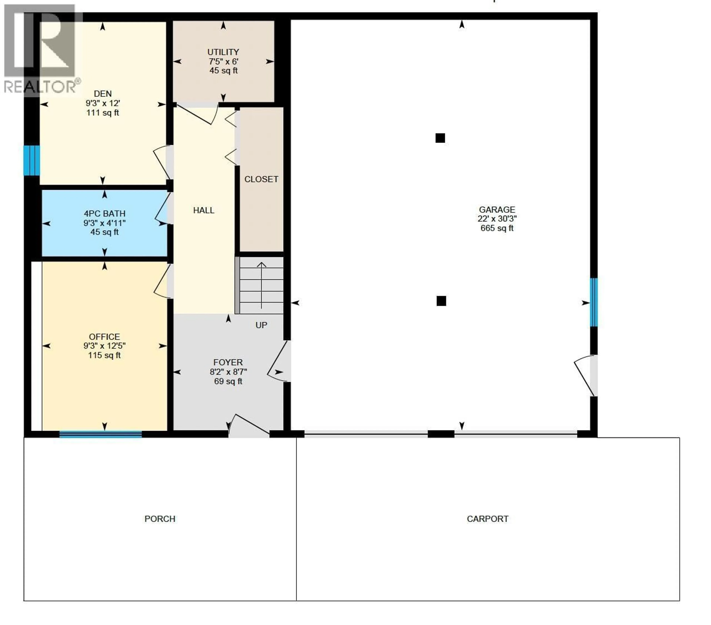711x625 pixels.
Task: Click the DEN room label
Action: tap(103, 94)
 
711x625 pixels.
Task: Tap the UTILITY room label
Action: tap(223, 52)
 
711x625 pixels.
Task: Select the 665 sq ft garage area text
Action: tap(497, 228)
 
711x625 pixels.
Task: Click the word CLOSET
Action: tap(261, 179)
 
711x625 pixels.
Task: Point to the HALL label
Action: tap(203, 210)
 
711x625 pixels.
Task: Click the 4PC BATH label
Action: tap(104, 214)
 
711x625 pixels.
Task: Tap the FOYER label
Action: tap(228, 362)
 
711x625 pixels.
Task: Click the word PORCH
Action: tap(160, 519)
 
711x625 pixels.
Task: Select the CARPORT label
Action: tap(487, 519)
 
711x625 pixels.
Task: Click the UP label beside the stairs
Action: tap(261, 325)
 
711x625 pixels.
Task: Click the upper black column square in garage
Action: tap(440, 138)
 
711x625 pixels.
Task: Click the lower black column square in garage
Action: tap(441, 301)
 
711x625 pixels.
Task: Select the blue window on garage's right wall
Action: tap(594, 302)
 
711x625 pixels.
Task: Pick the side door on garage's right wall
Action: tap(586, 375)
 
